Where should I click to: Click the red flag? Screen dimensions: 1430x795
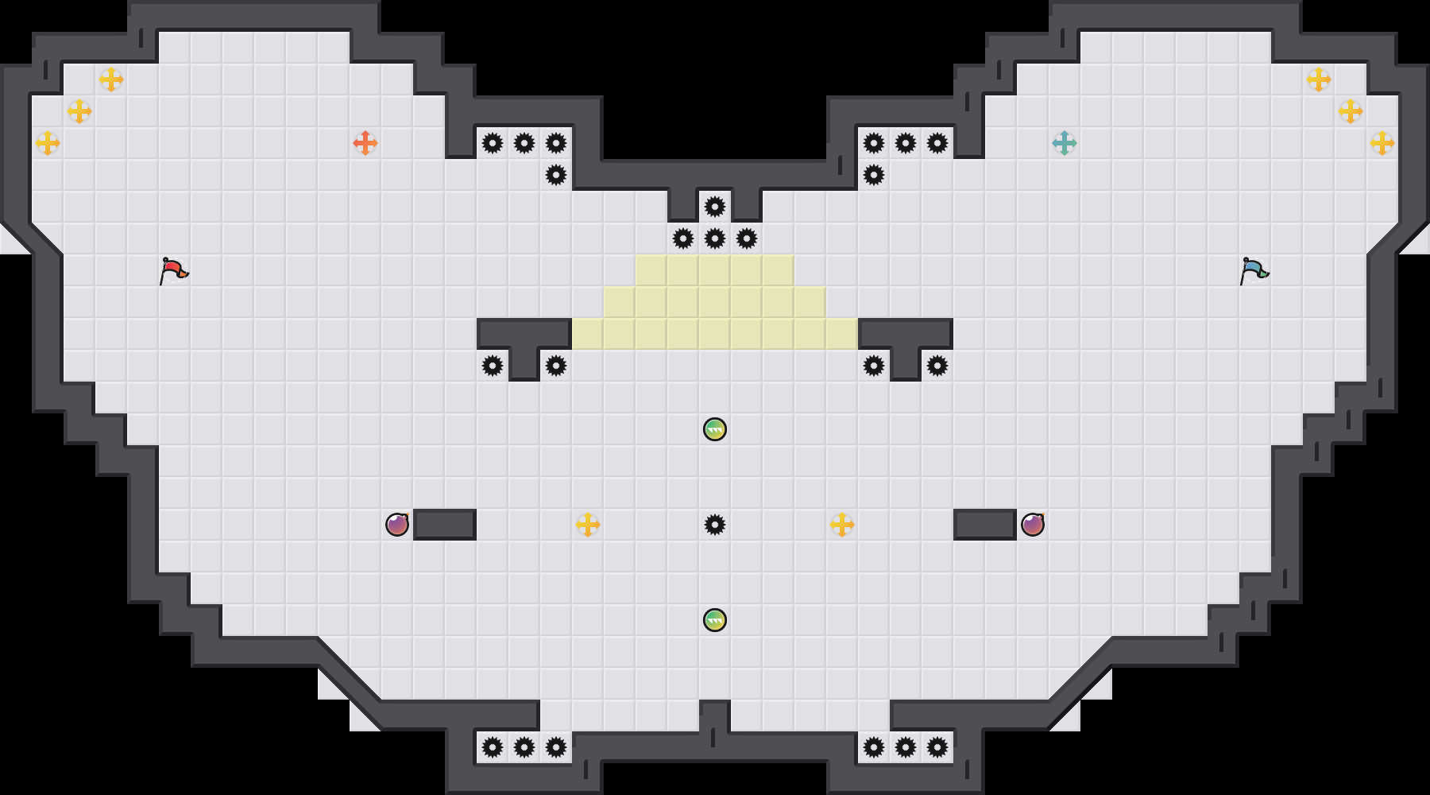(173, 270)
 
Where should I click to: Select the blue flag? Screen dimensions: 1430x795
(1254, 270)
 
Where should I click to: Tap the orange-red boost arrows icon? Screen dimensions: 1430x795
(365, 143)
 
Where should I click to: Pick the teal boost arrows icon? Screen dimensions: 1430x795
(1065, 143)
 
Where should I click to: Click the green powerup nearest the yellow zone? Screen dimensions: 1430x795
(715, 429)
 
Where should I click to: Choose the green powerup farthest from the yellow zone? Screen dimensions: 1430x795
(715, 620)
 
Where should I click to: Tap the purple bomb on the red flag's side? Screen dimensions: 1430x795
(397, 525)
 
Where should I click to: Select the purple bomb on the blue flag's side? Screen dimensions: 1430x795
(1033, 525)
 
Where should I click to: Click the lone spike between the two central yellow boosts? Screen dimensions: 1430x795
(715, 525)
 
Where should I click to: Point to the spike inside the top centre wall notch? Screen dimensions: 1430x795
(715, 207)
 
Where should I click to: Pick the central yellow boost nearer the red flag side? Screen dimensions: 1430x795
(588, 525)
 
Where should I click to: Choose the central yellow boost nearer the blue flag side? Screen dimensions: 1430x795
(842, 525)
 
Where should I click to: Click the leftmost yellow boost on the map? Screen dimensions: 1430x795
(48, 143)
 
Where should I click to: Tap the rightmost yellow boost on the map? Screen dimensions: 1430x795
(1382, 143)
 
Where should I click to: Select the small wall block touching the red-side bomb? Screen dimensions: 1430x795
(445, 525)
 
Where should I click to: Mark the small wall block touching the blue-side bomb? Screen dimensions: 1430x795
(985, 525)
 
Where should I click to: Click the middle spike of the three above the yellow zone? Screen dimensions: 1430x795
(715, 238)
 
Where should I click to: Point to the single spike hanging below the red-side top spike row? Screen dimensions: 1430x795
(556, 175)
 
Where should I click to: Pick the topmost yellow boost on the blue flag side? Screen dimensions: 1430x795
(1319, 79)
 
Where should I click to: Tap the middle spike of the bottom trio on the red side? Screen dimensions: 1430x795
(524, 747)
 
